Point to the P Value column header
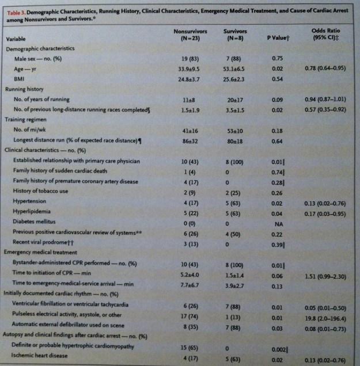click(x=278, y=37)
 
